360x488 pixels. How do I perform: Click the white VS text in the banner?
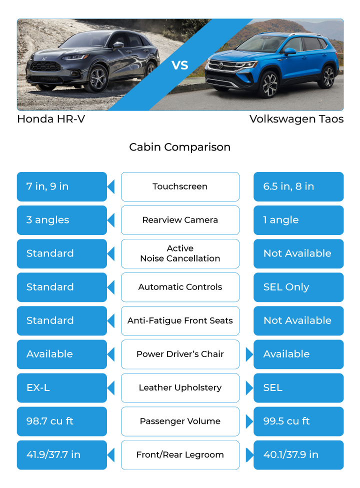pos(180,65)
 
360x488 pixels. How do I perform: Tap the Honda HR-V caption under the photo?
pos(51,119)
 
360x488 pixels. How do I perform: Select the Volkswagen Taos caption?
pos(296,119)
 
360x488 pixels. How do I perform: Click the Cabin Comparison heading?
pos(180,147)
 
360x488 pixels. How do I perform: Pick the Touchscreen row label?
pos(180,186)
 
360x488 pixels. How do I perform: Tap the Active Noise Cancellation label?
pos(180,253)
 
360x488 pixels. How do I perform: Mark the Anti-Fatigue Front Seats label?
pos(180,320)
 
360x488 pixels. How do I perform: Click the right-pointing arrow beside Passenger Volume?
pos(249,421)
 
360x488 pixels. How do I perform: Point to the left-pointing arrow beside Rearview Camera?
pos(111,220)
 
